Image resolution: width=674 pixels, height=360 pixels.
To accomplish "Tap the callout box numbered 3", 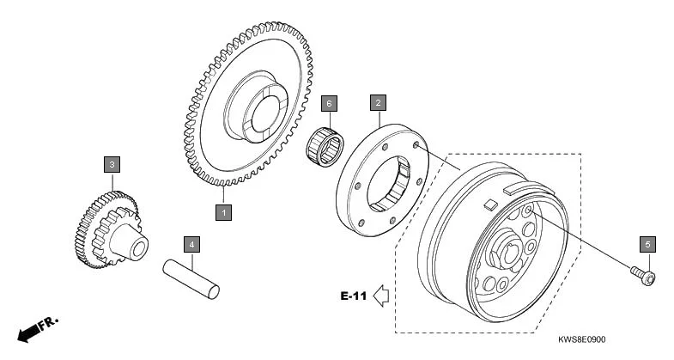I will click(112, 163).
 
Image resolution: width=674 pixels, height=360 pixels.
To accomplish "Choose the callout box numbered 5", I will click(647, 244).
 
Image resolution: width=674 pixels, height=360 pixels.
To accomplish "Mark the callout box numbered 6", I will click(328, 103).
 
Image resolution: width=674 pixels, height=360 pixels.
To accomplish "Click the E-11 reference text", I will click(353, 296).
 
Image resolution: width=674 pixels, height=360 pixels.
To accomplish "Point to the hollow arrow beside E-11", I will click(382, 296).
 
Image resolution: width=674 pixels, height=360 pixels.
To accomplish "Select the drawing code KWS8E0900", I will click(594, 340).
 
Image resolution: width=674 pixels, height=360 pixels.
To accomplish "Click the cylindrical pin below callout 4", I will click(192, 273).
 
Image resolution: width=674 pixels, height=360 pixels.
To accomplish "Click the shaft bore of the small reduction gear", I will click(137, 247).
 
